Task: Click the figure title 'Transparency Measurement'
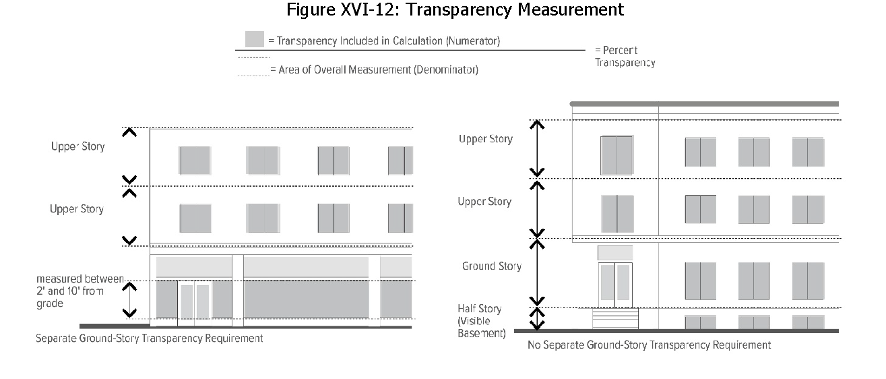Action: pos(515,9)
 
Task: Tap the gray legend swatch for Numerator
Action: pos(254,39)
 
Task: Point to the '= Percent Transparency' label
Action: pos(625,56)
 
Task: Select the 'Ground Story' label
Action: pos(492,266)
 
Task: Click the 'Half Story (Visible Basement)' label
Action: pos(481,321)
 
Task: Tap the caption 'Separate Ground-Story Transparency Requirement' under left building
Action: pos(150,339)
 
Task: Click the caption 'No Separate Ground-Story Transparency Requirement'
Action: pos(649,345)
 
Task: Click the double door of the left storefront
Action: pos(195,303)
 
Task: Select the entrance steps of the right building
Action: pos(615,318)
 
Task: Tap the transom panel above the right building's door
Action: pos(615,253)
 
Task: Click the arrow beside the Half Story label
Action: pos(537,319)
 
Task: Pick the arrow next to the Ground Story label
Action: pos(537,273)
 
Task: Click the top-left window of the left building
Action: pos(195,161)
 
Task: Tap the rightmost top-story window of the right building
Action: pos(808,152)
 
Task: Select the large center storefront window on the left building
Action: pos(306,299)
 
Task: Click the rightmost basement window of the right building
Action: pos(808,322)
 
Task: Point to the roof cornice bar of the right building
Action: pos(704,104)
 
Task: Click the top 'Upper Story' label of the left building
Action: pos(78,146)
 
